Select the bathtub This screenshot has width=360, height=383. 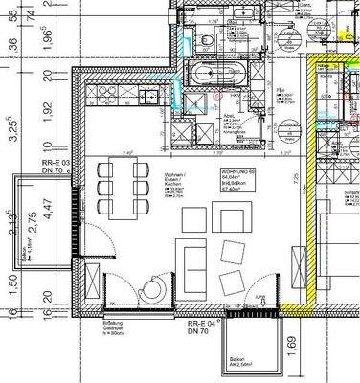pos(207,76)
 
